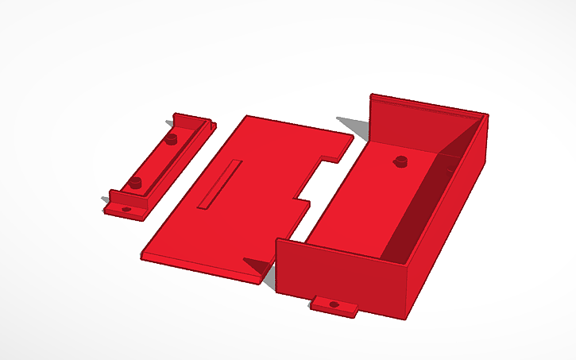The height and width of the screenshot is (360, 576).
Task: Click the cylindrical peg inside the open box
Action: point(400,161)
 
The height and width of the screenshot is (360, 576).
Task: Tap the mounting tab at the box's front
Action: point(334,306)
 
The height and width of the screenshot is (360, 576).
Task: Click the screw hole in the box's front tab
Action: point(334,304)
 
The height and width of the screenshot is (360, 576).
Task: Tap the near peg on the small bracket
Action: point(136,183)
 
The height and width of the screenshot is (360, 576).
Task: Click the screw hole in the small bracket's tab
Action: point(126,209)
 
